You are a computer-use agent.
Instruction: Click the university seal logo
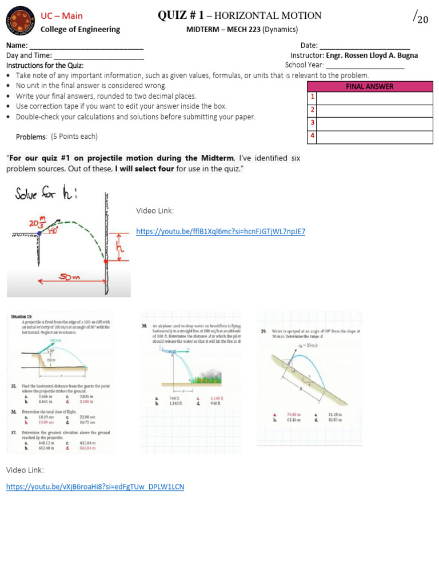click(x=19, y=21)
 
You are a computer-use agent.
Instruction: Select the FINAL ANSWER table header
click(x=370, y=86)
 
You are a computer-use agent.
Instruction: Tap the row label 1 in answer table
click(x=312, y=98)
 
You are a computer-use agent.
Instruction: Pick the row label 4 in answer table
click(x=312, y=136)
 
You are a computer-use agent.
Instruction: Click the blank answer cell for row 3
click(x=374, y=123)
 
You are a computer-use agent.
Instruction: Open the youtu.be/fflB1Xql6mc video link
click(x=220, y=231)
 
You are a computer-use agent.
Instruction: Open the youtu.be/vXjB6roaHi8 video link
click(x=95, y=487)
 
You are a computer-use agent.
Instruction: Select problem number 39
click(x=264, y=331)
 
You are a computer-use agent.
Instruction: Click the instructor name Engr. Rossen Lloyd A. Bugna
click(x=372, y=55)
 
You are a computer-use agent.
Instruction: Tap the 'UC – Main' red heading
click(x=61, y=16)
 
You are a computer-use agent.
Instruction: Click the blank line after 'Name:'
click(x=86, y=46)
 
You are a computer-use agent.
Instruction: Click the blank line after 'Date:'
click(x=364, y=46)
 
